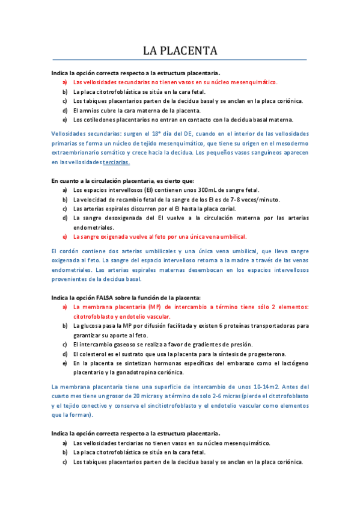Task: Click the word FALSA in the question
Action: (97, 297)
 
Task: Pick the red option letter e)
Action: (64, 236)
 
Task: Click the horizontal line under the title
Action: (180, 60)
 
